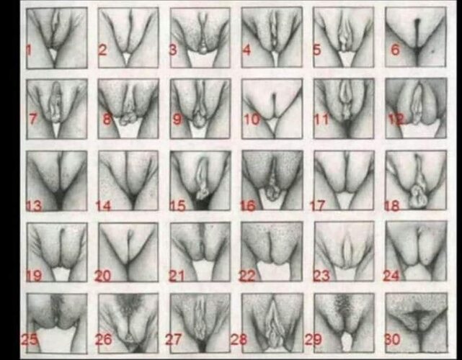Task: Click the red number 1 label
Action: click(x=29, y=50)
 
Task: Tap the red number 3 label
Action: click(x=173, y=50)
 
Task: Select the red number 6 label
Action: click(x=395, y=50)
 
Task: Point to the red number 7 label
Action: click(x=33, y=119)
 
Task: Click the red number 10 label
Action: click(x=252, y=120)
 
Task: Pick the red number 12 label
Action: click(x=396, y=120)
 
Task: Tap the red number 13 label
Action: click(x=34, y=205)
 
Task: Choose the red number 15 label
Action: click(x=178, y=206)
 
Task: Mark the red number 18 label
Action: click(x=392, y=206)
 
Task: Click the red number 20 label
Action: click(x=103, y=276)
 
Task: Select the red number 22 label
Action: click(x=247, y=276)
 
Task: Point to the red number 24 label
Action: click(x=391, y=276)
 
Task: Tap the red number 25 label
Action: click(x=29, y=339)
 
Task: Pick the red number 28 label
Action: click(x=239, y=339)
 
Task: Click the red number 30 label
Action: click(x=393, y=339)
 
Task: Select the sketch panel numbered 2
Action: click(x=128, y=37)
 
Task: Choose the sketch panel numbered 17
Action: click(x=344, y=180)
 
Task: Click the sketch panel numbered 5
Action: click(x=344, y=37)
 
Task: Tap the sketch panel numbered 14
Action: click(x=128, y=181)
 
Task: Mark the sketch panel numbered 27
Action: click(x=200, y=323)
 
